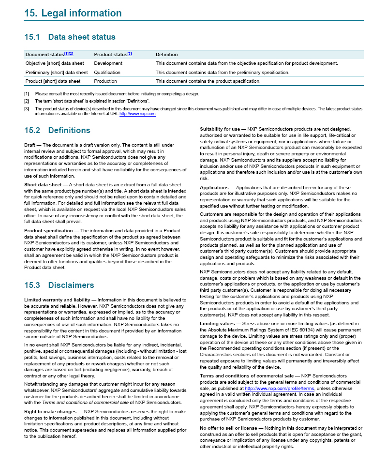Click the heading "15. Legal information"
(x=73, y=14)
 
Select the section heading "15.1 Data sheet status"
(x=70, y=37)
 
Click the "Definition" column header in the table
(x=166, y=55)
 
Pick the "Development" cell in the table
(x=108, y=63)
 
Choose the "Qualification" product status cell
(x=107, y=72)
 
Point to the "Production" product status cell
(x=105, y=81)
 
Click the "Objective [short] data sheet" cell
(x=55, y=63)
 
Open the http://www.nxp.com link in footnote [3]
(x=138, y=114)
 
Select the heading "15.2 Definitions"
(x=57, y=130)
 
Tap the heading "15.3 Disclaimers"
(x=59, y=285)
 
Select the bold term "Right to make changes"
(x=50, y=411)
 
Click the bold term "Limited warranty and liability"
(x=57, y=300)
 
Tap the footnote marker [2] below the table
(x=27, y=101)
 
